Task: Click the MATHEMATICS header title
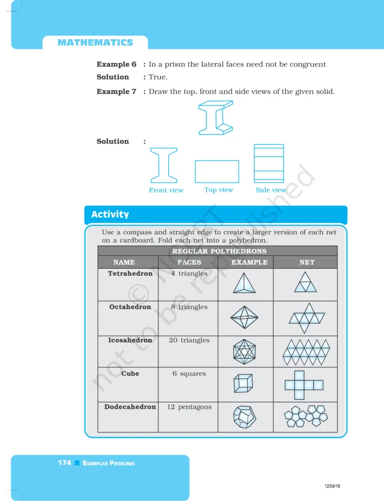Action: pyautogui.click(x=95, y=43)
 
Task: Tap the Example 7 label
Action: pyautogui.click(x=116, y=91)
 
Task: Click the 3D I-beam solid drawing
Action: pyautogui.click(x=215, y=118)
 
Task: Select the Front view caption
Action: pyautogui.click(x=166, y=190)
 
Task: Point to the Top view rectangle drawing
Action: pyautogui.click(x=217, y=172)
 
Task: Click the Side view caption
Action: pyautogui.click(x=271, y=190)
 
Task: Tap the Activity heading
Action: pyautogui.click(x=110, y=214)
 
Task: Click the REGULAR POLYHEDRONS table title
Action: pyautogui.click(x=219, y=251)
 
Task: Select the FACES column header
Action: pyautogui.click(x=189, y=262)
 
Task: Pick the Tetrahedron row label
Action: pyautogui.click(x=130, y=273)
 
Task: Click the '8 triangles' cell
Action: pyautogui.click(x=189, y=307)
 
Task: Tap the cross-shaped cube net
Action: pyautogui.click(x=304, y=385)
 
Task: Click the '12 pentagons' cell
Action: pyautogui.click(x=189, y=407)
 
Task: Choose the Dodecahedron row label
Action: pyautogui.click(x=130, y=407)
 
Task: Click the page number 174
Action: pyautogui.click(x=64, y=463)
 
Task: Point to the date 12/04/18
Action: pyautogui.click(x=332, y=486)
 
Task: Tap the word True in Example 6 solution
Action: pyautogui.click(x=158, y=77)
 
